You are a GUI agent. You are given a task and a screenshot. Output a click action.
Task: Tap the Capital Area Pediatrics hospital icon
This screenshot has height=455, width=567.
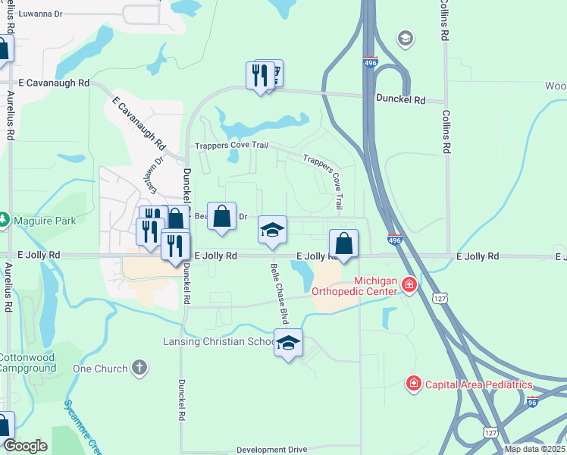tap(413, 384)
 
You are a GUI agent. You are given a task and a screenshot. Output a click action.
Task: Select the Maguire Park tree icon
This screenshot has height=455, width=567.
tap(4, 221)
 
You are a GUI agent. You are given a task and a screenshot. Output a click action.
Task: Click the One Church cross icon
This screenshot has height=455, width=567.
tap(139, 369)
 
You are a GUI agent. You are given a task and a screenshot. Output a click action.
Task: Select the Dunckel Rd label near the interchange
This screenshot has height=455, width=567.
tap(403, 99)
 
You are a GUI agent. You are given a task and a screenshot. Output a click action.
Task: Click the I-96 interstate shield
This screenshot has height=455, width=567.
tap(532, 403)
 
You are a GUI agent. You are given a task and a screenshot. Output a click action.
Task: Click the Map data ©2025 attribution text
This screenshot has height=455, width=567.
tap(534, 449)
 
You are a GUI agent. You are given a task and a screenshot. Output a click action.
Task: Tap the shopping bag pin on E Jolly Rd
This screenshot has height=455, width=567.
tap(343, 244)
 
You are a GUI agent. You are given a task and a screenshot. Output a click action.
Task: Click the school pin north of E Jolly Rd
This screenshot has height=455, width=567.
tap(273, 230)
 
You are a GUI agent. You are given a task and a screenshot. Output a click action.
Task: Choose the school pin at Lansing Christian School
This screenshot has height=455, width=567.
tap(288, 344)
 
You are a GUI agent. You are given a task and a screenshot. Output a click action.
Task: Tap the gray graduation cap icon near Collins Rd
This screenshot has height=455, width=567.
tap(406, 38)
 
